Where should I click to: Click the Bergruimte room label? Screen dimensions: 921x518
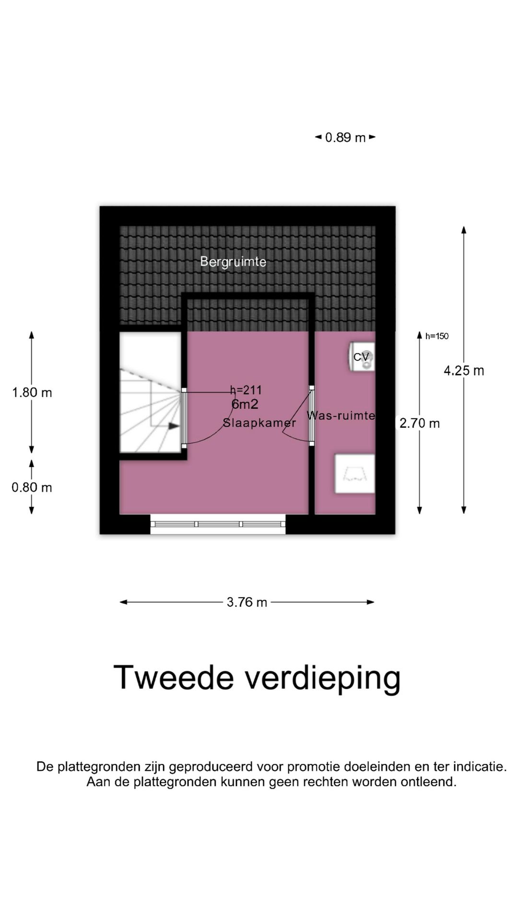click(233, 261)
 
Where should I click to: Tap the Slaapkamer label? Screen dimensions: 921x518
click(259, 423)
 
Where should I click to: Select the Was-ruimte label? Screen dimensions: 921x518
click(341, 415)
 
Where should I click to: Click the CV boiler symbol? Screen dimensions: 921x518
click(362, 357)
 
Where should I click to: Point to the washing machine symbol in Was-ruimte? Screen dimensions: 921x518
click(355, 473)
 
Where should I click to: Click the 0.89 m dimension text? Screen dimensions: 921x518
click(345, 138)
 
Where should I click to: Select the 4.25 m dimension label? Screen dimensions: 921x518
click(464, 371)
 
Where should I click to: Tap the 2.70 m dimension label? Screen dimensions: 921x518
click(420, 423)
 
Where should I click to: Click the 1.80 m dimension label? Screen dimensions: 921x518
click(32, 392)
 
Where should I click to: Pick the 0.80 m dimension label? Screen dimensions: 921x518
click(32, 487)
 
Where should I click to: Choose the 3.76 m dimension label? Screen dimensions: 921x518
click(247, 602)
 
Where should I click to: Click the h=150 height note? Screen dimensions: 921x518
click(436, 336)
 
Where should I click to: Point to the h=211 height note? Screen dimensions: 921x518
click(246, 390)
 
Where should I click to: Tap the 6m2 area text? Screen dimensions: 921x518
click(245, 404)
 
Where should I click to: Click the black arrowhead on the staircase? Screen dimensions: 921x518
click(174, 425)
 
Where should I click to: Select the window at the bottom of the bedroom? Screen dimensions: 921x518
click(218, 524)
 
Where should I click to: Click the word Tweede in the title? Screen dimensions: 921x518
click(173, 677)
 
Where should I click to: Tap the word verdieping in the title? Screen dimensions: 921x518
click(323, 678)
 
